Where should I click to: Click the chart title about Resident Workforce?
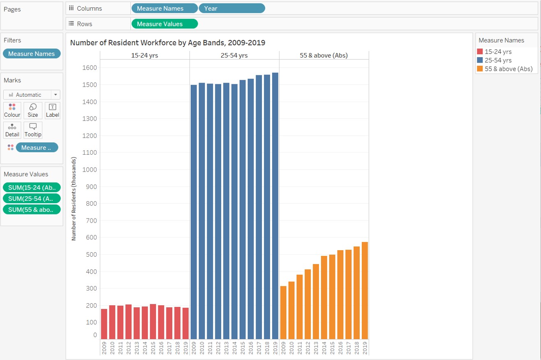tap(168, 42)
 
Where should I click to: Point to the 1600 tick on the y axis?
tap(91, 67)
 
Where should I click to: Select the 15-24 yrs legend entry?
tap(498, 52)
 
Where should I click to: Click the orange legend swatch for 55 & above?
tap(480, 69)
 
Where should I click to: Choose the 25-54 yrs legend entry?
tap(498, 60)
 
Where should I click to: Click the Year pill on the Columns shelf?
tap(232, 8)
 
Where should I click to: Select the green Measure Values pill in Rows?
tap(164, 24)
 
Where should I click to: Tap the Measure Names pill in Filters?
tap(32, 53)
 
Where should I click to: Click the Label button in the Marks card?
tap(52, 111)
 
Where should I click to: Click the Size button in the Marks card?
tap(32, 111)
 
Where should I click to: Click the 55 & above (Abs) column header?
tap(324, 55)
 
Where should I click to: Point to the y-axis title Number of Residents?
tap(74, 198)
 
